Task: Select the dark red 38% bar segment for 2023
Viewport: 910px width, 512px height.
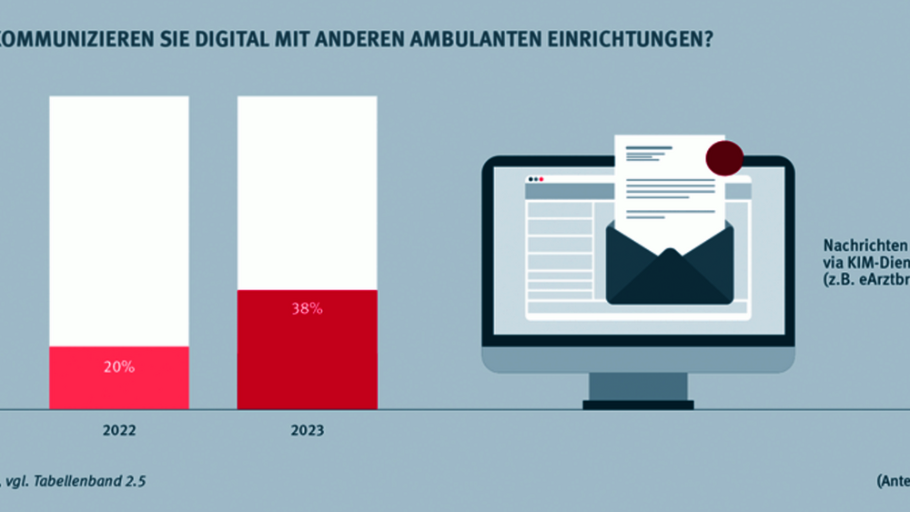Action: tap(307, 364)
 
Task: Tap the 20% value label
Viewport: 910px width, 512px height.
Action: tap(119, 367)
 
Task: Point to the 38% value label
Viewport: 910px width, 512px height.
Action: tap(307, 308)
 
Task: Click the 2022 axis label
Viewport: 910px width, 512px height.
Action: tap(119, 430)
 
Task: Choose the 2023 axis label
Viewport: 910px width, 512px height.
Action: tap(307, 430)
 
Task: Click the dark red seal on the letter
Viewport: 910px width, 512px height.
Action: tap(723, 158)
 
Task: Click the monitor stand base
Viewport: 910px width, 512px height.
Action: tap(637, 404)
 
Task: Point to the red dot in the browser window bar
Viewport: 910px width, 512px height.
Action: tap(541, 179)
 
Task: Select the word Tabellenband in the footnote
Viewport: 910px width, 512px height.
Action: tap(86, 481)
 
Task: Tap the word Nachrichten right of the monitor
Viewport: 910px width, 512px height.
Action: tap(865, 246)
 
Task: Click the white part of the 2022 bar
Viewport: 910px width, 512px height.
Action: tap(119, 218)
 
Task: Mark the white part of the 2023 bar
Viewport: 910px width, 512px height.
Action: tap(307, 191)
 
